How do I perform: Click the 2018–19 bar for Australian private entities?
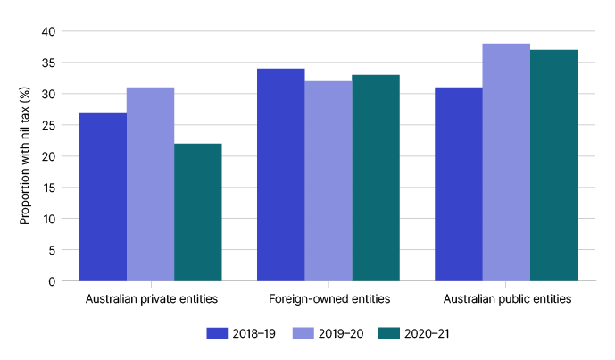click(x=103, y=197)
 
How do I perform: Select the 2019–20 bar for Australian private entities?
click(x=150, y=184)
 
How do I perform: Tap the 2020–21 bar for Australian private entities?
click(x=197, y=213)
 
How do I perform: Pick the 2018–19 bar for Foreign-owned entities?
click(x=280, y=175)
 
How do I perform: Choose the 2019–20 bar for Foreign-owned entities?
click(x=328, y=181)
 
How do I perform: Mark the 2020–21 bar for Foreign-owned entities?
click(x=375, y=178)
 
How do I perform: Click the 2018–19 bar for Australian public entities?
click(x=458, y=184)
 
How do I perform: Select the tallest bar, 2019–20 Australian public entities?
click(x=505, y=163)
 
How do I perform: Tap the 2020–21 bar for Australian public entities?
click(x=553, y=165)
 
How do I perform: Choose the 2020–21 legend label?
click(x=428, y=333)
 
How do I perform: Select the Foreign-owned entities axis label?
click(x=328, y=298)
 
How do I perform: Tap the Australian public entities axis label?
click(x=505, y=298)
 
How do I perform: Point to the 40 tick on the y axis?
click(x=48, y=31)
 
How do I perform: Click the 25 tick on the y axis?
click(x=48, y=125)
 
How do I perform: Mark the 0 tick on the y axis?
click(x=52, y=281)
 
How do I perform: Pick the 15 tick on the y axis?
click(x=48, y=188)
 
